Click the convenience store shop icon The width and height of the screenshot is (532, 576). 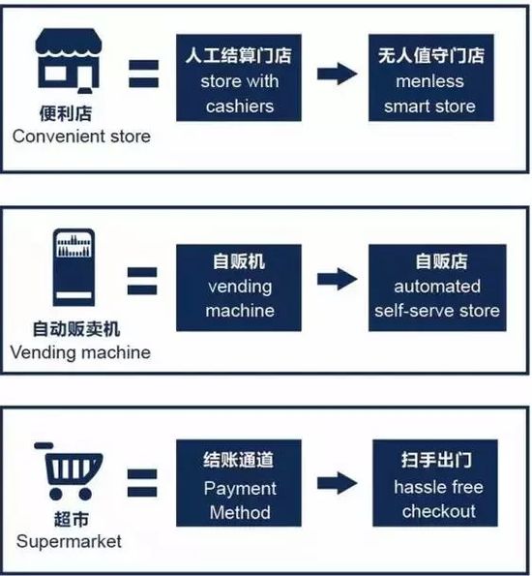pos(69,61)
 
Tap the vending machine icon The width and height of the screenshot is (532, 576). pos(74,267)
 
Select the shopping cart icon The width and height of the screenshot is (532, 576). pos(69,471)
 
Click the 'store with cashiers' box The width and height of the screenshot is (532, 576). pos(239,77)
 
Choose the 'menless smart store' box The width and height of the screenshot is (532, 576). pos(431,77)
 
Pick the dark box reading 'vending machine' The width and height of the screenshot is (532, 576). pos(239,288)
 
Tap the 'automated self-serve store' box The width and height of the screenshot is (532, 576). pos(437,288)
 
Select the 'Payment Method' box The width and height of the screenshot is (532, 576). pos(239,483)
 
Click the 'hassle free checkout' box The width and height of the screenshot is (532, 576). pos(435,483)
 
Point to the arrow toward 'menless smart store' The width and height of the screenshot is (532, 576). pos(337,74)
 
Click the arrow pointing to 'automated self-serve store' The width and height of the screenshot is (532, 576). pos(337,279)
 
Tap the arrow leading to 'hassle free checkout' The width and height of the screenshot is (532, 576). pos(337,483)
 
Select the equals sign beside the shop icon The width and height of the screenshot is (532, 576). pos(143,74)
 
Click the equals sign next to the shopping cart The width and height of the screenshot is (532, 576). pos(142,483)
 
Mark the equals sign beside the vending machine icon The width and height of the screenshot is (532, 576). pos(142,281)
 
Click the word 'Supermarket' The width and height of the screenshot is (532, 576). pos(69,542)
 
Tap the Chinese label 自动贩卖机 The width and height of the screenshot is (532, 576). pos(76,329)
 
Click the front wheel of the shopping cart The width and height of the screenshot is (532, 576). pos(85,494)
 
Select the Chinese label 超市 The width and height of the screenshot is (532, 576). pos(72,520)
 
